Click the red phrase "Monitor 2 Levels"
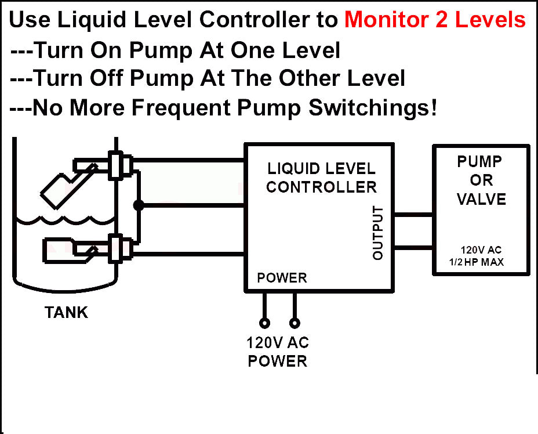click(x=435, y=20)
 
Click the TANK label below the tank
click(x=67, y=313)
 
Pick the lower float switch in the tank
click(x=67, y=249)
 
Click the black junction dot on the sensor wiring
click(x=138, y=205)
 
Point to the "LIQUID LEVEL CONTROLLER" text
click(x=321, y=178)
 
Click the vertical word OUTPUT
click(x=378, y=233)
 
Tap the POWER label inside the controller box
click(x=282, y=278)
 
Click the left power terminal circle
click(x=265, y=322)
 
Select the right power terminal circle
click(x=295, y=322)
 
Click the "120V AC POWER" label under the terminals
click(x=278, y=352)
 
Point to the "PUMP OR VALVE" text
click(x=481, y=180)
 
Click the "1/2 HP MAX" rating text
click(x=476, y=262)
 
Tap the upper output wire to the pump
click(x=413, y=214)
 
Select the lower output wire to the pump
click(x=413, y=248)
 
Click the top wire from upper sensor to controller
click(x=188, y=160)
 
